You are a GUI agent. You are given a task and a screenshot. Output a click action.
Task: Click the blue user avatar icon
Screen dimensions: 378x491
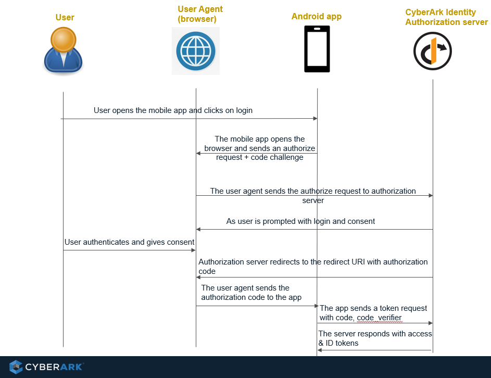click(63, 50)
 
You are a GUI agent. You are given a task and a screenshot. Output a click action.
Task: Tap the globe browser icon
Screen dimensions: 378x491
click(195, 51)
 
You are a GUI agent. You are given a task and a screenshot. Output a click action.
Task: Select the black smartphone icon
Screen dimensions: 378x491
click(317, 49)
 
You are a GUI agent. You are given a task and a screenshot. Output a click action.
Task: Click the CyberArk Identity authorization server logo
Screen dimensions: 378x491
click(432, 51)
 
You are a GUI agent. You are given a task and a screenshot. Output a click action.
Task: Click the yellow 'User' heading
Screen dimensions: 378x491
click(65, 18)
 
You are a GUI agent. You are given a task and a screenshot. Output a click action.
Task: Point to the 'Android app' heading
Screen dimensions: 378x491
click(316, 17)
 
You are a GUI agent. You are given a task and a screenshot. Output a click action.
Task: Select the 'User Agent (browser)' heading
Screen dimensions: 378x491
click(200, 14)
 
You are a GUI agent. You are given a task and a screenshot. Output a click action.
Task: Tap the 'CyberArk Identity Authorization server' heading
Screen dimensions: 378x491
click(446, 17)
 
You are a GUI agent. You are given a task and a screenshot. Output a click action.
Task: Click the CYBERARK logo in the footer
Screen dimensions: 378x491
click(46, 367)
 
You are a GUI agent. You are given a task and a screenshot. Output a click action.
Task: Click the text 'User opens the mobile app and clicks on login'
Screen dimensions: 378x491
click(173, 110)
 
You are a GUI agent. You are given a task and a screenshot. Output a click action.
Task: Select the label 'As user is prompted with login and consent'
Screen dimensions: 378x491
click(300, 221)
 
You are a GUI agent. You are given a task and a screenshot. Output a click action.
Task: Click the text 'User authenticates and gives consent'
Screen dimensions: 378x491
click(129, 242)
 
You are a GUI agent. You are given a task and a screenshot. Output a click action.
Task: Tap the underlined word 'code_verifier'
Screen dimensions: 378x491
click(379, 318)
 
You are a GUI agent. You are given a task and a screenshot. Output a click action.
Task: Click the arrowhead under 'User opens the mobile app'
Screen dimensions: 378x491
click(315, 119)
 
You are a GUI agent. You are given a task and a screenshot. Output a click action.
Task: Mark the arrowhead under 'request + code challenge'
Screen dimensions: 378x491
click(198, 153)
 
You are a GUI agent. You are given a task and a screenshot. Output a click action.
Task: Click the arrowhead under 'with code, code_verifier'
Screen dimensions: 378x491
click(431, 323)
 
